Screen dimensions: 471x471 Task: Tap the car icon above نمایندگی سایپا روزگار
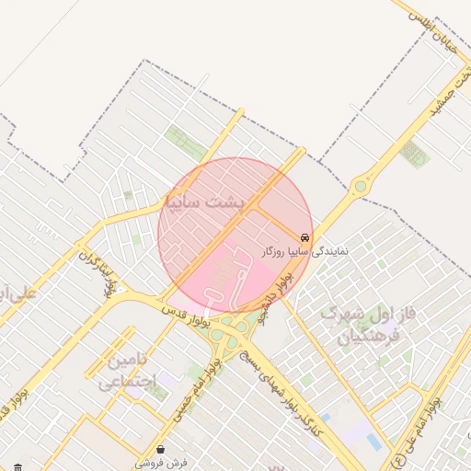point(304,235)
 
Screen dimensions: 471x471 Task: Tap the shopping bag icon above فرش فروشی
point(161,450)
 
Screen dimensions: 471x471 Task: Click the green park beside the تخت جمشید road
point(416,154)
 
